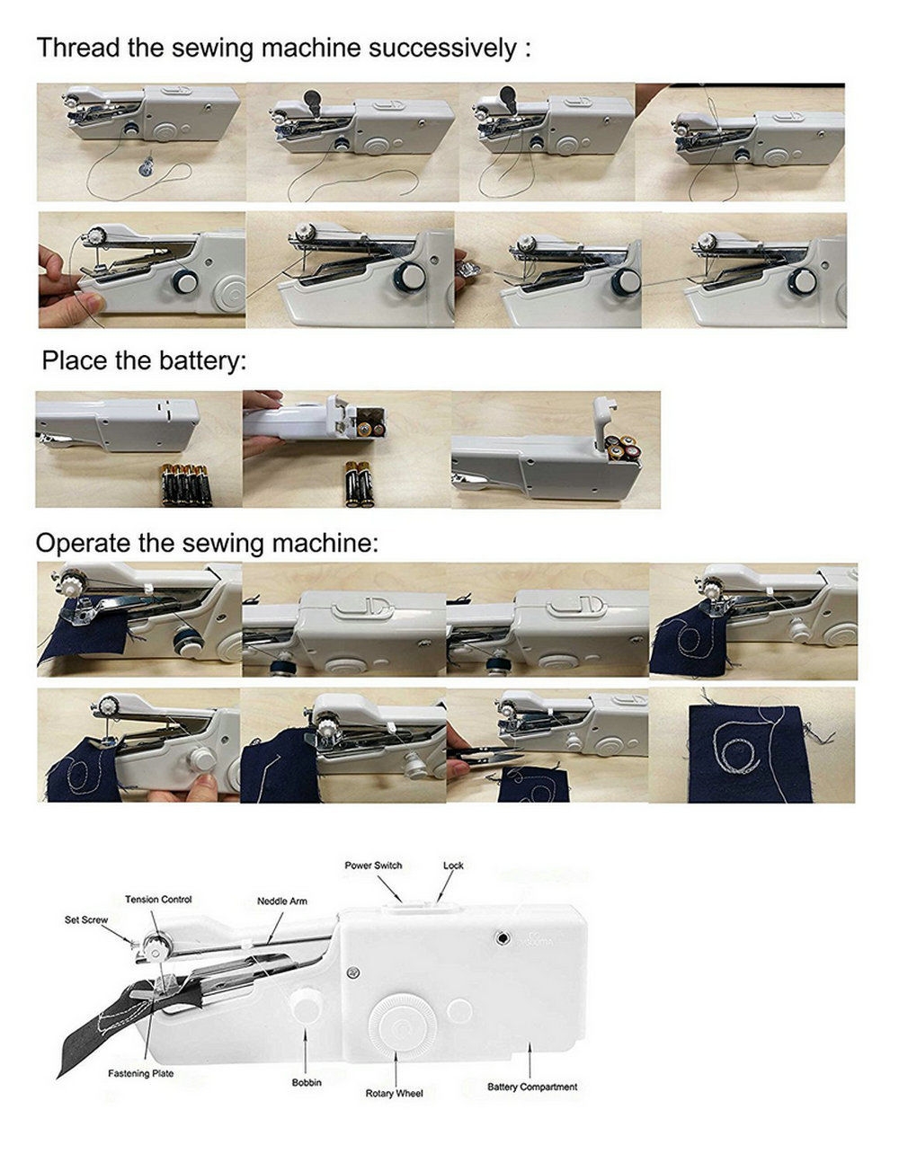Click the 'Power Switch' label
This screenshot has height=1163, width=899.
pyautogui.click(x=373, y=866)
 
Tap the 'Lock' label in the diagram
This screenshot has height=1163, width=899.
pyautogui.click(x=453, y=866)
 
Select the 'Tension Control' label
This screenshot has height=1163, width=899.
pyautogui.click(x=158, y=899)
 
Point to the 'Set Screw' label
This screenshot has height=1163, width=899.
pyautogui.click(x=86, y=919)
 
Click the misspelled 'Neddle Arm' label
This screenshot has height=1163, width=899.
pyautogui.click(x=282, y=901)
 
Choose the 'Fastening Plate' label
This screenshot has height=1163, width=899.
pyautogui.click(x=141, y=1073)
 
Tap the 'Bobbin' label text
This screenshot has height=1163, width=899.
pyautogui.click(x=307, y=1082)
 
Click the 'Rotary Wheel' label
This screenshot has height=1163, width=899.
pyautogui.click(x=394, y=1094)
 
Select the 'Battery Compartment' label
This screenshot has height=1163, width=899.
pyautogui.click(x=532, y=1087)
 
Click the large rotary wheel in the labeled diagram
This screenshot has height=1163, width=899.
pyautogui.click(x=402, y=1027)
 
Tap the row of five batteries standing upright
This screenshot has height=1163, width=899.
pyautogui.click(x=187, y=485)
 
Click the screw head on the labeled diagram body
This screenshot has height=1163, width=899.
pyautogui.click(x=352, y=972)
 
